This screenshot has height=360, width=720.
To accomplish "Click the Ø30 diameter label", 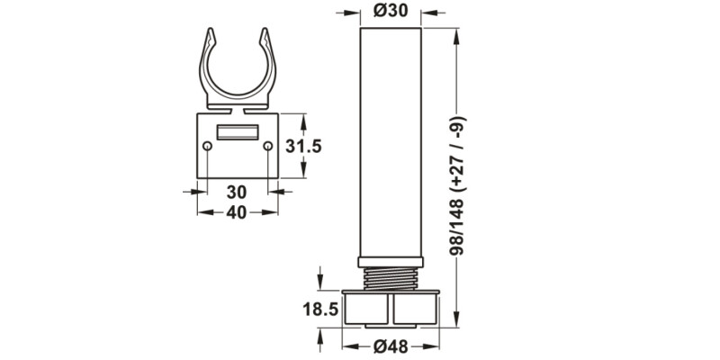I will (x=390, y=13).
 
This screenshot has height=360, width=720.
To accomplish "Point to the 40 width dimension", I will (x=237, y=212).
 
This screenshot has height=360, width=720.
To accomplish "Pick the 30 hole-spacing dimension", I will (x=237, y=191).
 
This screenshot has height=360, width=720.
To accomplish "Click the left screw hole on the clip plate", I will (x=208, y=146).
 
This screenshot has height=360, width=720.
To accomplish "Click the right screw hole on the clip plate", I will (x=267, y=146).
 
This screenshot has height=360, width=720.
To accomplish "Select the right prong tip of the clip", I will (x=265, y=32).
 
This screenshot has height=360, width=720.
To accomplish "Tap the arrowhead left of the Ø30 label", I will (x=352, y=13).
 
